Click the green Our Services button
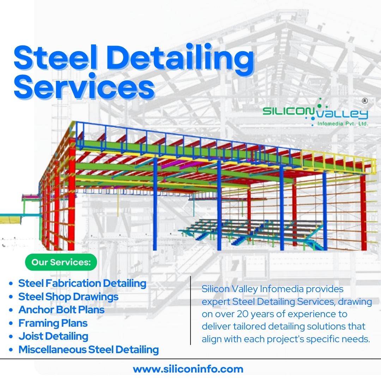click(61, 262)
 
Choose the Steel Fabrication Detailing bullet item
click(82, 283)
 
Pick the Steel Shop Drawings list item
click(68, 297)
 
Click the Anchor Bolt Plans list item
click(61, 310)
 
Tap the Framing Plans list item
click(53, 323)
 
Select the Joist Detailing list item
click(53, 336)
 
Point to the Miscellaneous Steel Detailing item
click(89, 350)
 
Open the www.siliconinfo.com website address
click(188, 369)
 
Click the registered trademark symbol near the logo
click(365, 101)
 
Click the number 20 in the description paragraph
click(243, 314)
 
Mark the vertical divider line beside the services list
click(190, 310)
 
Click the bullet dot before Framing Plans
click(11, 323)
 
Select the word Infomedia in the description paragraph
click(282, 289)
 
